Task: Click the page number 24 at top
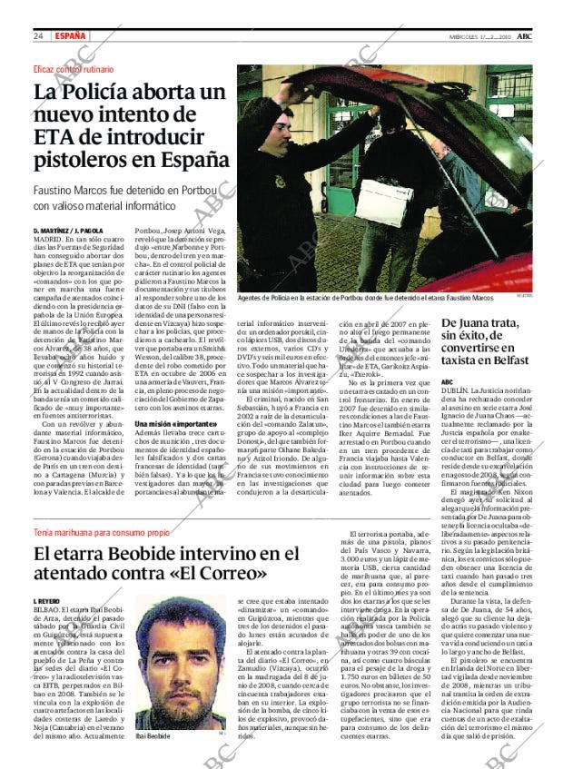click(38, 35)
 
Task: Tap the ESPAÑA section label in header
click(71, 35)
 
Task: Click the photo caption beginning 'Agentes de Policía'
click(365, 298)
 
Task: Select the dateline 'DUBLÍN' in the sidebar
click(456, 390)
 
